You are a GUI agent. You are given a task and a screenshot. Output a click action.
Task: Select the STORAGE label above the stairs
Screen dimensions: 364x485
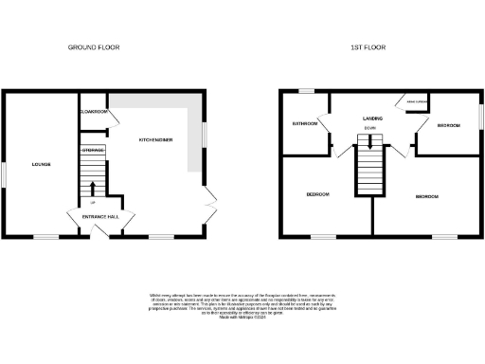(92, 151)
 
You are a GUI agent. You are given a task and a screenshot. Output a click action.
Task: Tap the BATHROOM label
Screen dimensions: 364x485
(305, 123)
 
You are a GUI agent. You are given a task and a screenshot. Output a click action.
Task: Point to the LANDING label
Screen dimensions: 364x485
(372, 118)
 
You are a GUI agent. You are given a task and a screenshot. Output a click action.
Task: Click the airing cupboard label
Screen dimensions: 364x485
(417, 100)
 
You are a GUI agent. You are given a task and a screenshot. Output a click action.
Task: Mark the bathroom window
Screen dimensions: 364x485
(306, 91)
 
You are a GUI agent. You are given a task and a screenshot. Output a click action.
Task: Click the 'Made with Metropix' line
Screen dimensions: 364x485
(242, 318)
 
